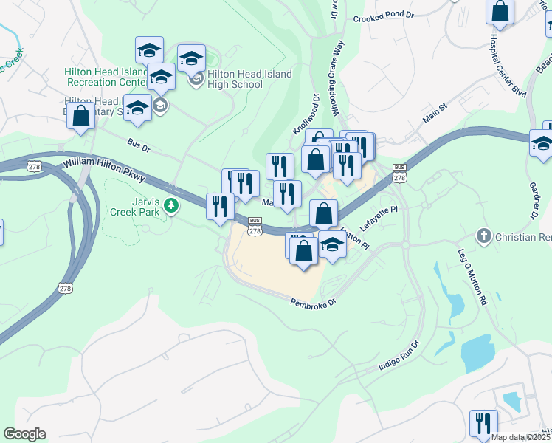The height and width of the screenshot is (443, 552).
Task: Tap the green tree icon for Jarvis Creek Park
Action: click(171, 205)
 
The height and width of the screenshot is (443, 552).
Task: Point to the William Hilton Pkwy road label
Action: click(104, 169)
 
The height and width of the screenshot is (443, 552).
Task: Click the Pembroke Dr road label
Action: click(313, 303)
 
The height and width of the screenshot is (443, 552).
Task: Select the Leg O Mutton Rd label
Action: click(473, 277)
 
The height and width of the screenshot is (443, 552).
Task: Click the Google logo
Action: click(24, 434)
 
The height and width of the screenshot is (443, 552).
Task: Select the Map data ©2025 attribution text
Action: click(521, 437)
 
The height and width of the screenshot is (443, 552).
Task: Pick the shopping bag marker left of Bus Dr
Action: click(81, 117)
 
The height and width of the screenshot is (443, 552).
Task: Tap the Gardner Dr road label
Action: click(534, 200)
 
